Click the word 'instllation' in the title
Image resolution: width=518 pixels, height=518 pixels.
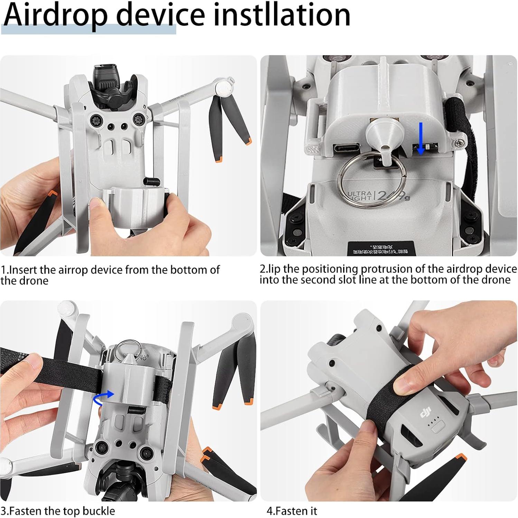(282, 15)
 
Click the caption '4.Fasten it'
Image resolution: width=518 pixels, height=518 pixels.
(292, 510)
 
